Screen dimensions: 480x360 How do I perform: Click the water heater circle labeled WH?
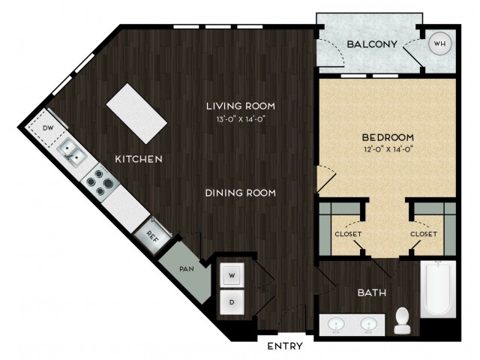point(440,43)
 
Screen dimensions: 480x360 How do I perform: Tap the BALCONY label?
point(372,44)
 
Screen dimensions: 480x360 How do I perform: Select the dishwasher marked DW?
point(47,128)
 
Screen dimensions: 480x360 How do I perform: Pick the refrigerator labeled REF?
point(152,235)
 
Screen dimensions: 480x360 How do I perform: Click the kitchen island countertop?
point(136,113)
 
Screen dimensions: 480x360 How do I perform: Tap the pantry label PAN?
point(187,269)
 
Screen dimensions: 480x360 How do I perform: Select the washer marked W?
point(232,275)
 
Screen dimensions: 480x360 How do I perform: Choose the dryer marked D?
point(232,302)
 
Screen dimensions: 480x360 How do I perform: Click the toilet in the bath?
point(402,320)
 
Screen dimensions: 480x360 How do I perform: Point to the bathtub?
point(438,289)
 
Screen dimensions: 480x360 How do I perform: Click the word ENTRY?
point(285,346)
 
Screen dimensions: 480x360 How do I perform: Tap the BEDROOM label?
point(388,137)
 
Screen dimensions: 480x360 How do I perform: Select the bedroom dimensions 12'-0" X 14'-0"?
point(388,150)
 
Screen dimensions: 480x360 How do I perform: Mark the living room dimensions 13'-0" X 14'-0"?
point(240,119)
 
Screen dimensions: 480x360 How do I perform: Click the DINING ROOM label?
point(241,193)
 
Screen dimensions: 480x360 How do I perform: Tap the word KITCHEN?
point(139,159)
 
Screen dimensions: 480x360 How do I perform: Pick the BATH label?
point(372,293)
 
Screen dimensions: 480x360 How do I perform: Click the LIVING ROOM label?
point(241,106)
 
